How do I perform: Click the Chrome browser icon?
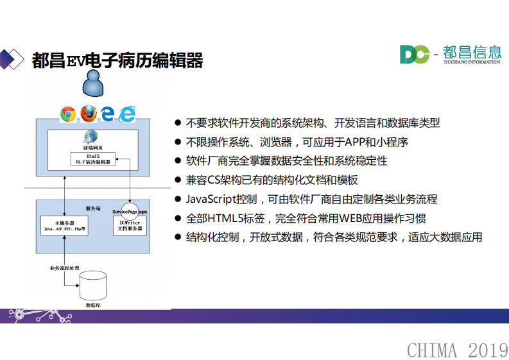click(68, 114)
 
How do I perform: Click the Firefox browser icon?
click(88, 114)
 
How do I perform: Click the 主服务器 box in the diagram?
click(65, 225)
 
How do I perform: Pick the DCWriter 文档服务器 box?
click(130, 225)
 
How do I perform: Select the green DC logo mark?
click(414, 55)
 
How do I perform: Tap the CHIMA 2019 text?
click(457, 350)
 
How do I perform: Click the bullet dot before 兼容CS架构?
click(178, 181)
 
